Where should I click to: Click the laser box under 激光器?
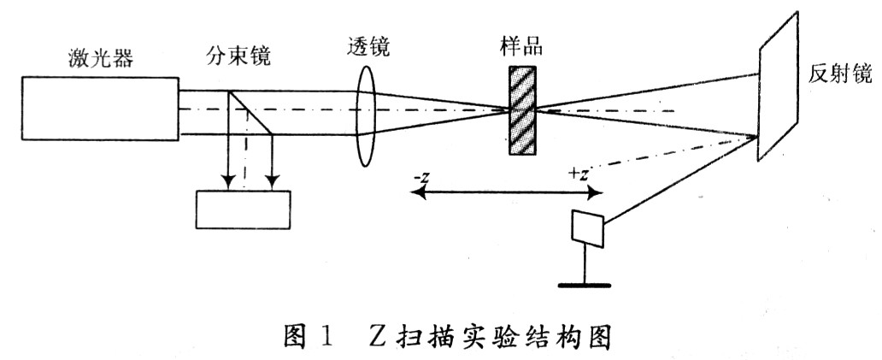[101, 109]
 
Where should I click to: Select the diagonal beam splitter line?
[250, 112]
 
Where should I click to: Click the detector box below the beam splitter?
[243, 208]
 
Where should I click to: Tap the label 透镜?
[369, 48]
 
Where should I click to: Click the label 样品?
[520, 47]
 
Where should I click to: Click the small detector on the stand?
[587, 225]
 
